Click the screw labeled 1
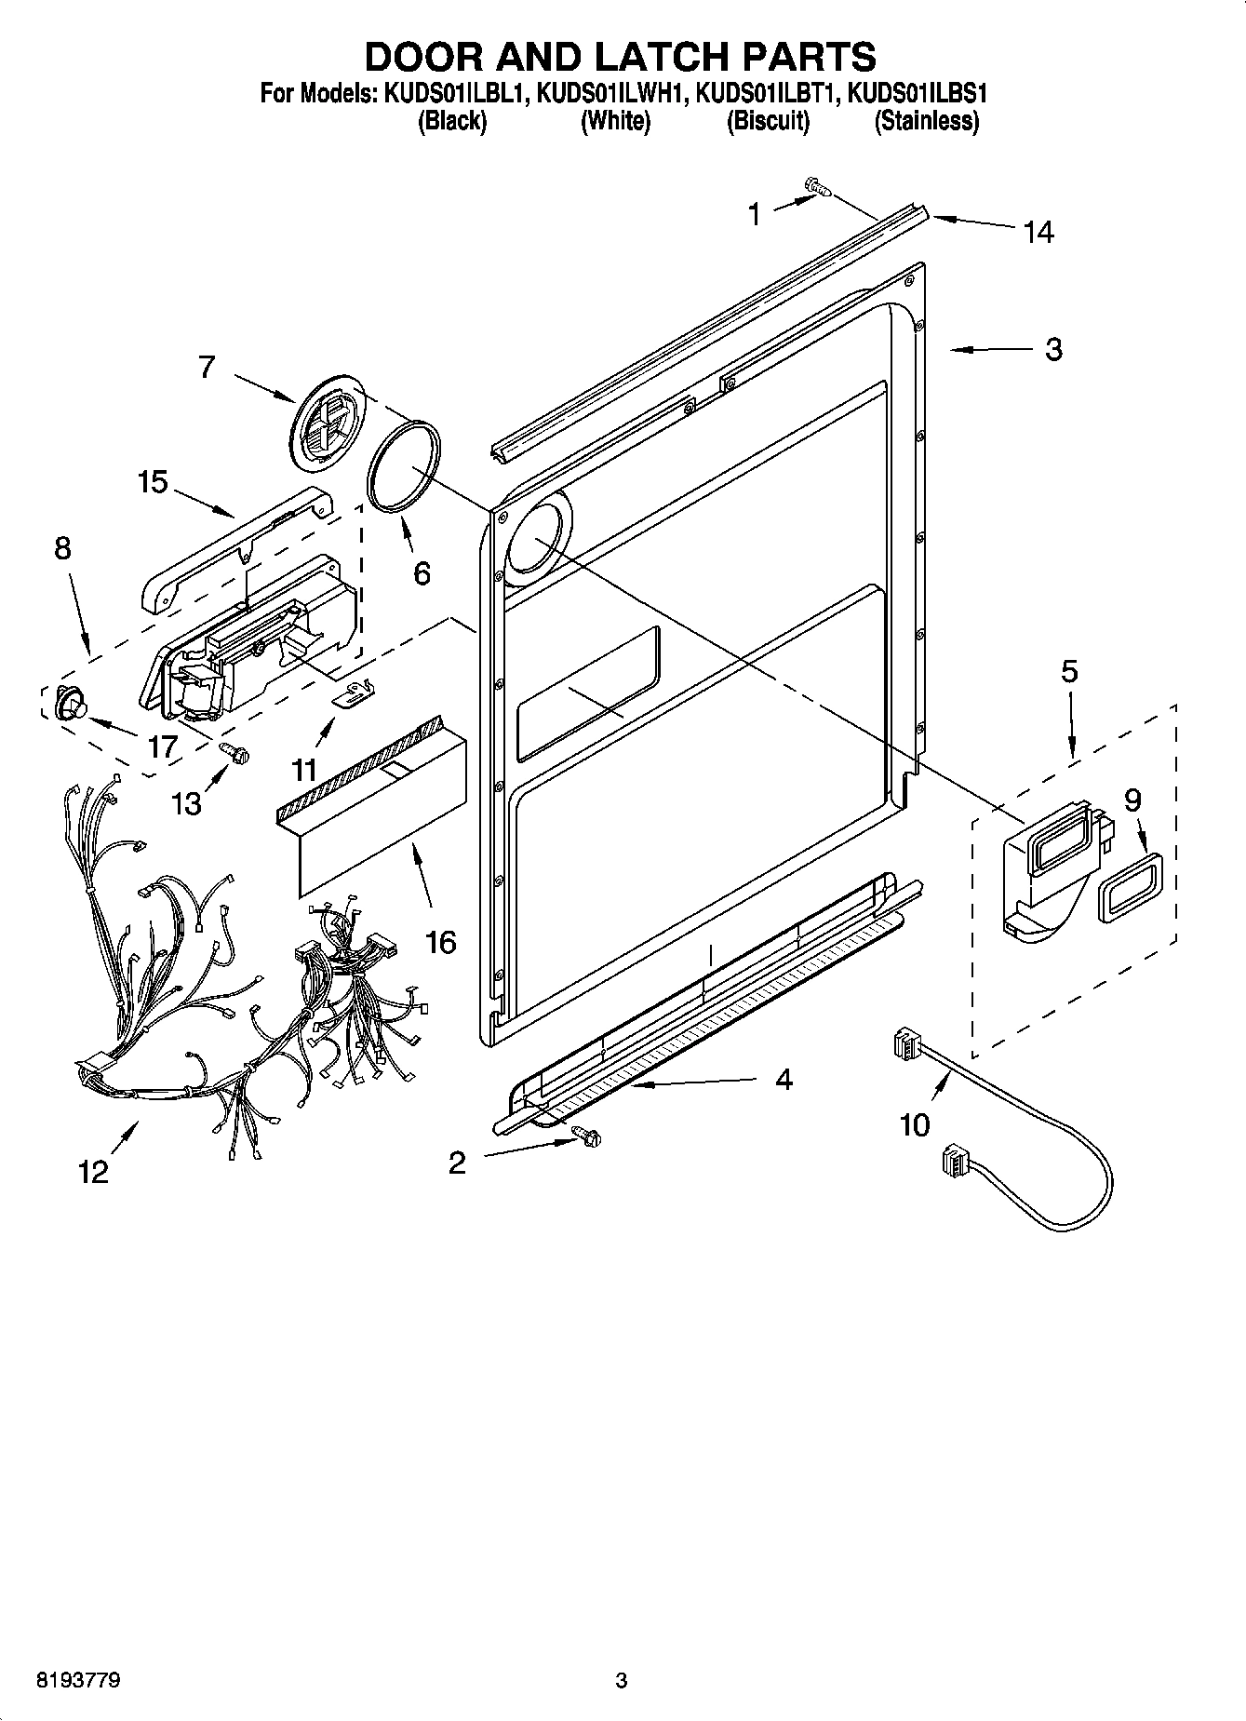click(x=818, y=188)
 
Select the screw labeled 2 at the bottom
click(x=587, y=1135)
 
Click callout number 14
click(x=1038, y=232)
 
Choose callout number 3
click(x=1052, y=349)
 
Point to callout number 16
click(x=440, y=942)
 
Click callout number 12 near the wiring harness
click(x=93, y=1171)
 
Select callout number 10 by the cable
click(x=915, y=1125)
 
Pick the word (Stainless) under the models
click(x=926, y=121)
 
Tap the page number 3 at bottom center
click(x=622, y=1680)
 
